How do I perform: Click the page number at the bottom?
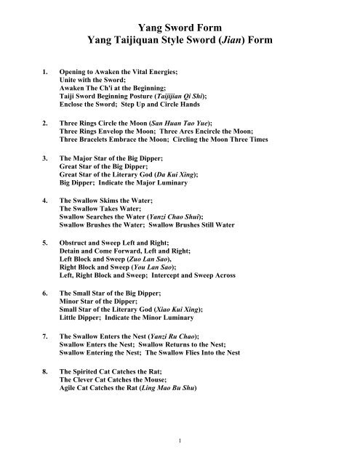point(179,440)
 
